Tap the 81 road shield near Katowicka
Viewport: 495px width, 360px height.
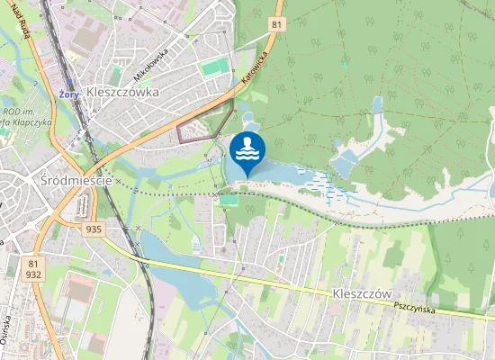point(277,24)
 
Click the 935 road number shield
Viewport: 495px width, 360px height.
point(94,229)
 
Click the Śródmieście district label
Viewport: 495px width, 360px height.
point(76,180)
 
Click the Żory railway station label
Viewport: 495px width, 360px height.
point(65,92)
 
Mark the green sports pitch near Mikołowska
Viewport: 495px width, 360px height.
point(215,67)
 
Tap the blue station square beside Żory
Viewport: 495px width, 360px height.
point(78,92)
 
